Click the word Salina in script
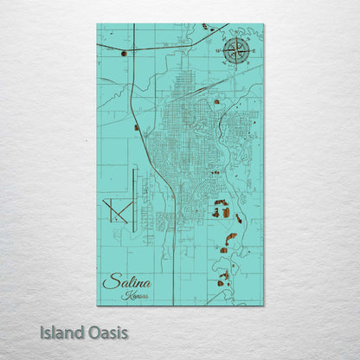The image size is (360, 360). tap(126, 282)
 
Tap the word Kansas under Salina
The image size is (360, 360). tap(135, 295)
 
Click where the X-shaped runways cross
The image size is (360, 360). tap(114, 209)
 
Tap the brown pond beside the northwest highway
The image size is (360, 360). tap(124, 54)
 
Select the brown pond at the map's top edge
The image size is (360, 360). tap(206, 27)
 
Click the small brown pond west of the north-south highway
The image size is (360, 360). tap(136, 128)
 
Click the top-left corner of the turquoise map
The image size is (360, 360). tap(97, 24)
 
